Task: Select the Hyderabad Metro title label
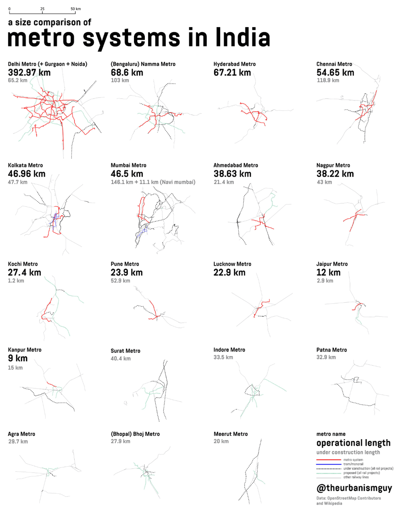coord(234,64)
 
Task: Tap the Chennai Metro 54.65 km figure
coord(335,73)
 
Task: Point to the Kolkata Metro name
coord(25,165)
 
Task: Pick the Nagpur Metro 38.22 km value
coord(335,174)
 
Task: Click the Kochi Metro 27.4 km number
coord(25,272)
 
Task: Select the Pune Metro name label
coord(125,264)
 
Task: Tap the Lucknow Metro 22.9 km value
coord(229,272)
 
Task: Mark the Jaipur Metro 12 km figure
coord(328,272)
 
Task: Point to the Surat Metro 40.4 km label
coord(121,359)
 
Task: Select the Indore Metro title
coord(229,350)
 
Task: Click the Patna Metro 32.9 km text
coord(326,357)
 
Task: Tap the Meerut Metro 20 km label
coord(221,442)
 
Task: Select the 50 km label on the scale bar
coord(76,9)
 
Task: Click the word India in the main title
coord(242,38)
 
